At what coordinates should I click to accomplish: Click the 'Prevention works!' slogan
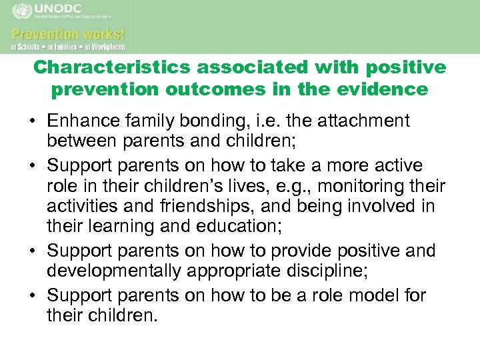[68, 33]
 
